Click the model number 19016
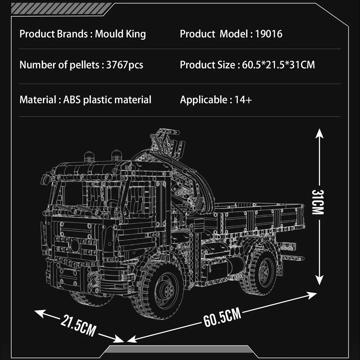click(x=269, y=34)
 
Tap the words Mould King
click(x=120, y=34)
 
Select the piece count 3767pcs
click(x=125, y=65)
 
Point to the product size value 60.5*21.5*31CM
click(x=278, y=65)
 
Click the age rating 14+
click(x=243, y=100)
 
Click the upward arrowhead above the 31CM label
click(x=319, y=133)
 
